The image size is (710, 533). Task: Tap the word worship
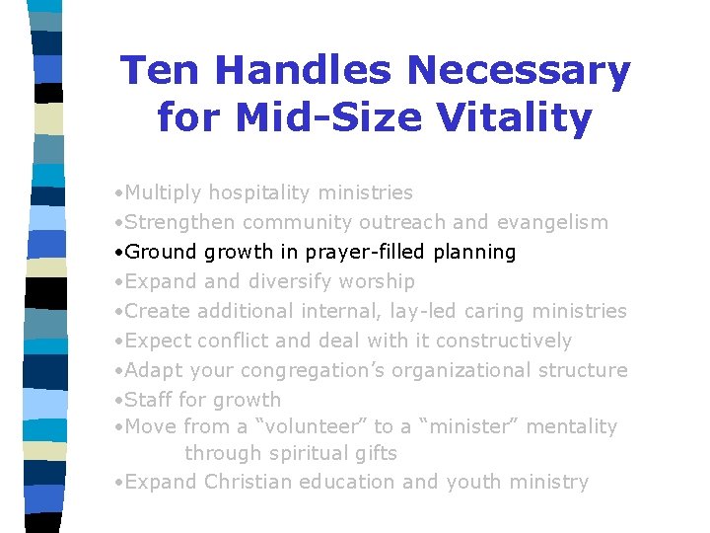coord(377,282)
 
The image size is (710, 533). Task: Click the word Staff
coord(148,401)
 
